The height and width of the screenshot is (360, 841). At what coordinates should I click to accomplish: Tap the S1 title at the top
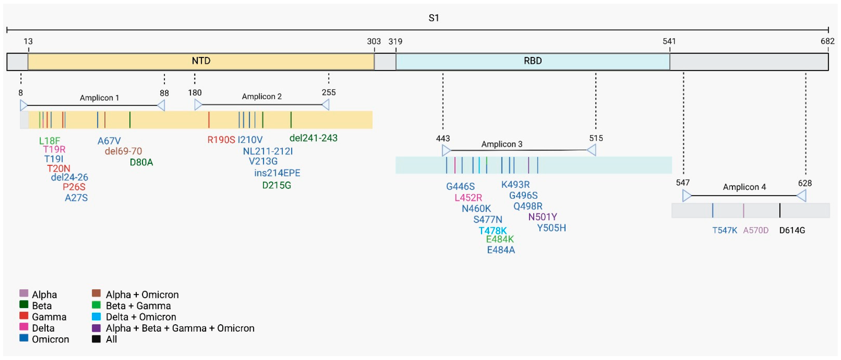tap(434, 18)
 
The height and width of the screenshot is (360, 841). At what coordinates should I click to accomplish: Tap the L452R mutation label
tap(468, 198)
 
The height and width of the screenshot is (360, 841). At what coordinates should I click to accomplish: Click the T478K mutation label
tap(492, 231)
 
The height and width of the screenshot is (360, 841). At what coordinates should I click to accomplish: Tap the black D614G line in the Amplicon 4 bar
tap(780, 210)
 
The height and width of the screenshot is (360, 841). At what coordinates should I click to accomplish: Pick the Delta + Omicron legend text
tap(141, 317)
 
